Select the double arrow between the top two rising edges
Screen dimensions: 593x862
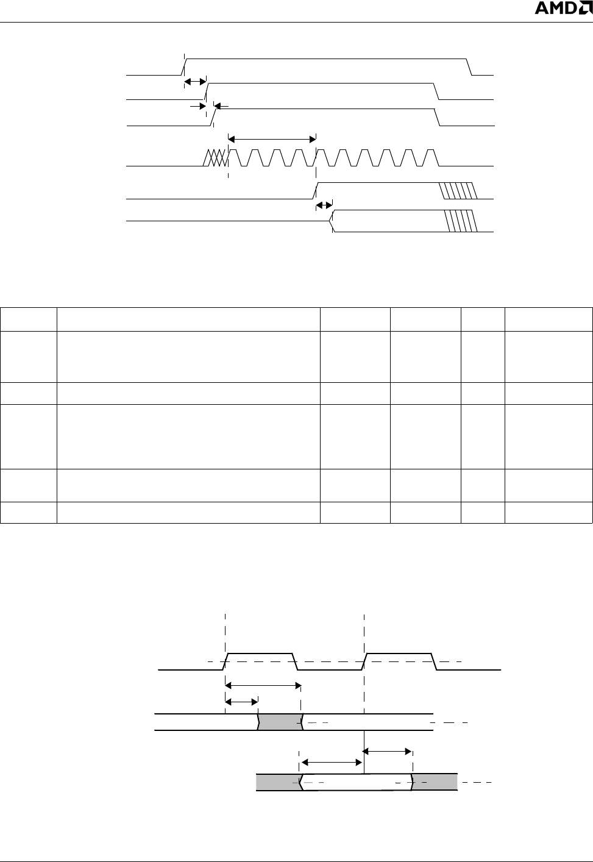point(195,81)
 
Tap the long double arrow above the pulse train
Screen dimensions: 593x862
point(272,138)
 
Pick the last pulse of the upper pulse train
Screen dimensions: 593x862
point(431,157)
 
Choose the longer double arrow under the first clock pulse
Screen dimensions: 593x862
point(263,686)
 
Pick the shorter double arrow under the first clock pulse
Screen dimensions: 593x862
point(241,702)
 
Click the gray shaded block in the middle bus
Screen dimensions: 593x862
point(280,721)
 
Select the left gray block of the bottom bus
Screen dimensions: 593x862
point(278,782)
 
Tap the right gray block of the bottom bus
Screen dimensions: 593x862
point(435,782)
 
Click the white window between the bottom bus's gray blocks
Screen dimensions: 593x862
point(357,782)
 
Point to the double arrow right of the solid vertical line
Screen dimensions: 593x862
point(388,752)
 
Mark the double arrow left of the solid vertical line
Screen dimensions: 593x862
point(332,762)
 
